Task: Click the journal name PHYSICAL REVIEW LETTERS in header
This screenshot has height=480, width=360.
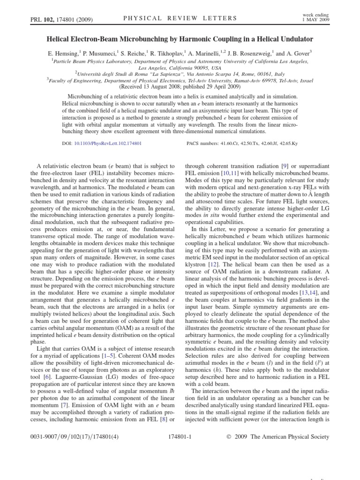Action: (x=180, y=18)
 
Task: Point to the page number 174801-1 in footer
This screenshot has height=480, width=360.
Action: (x=180, y=437)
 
